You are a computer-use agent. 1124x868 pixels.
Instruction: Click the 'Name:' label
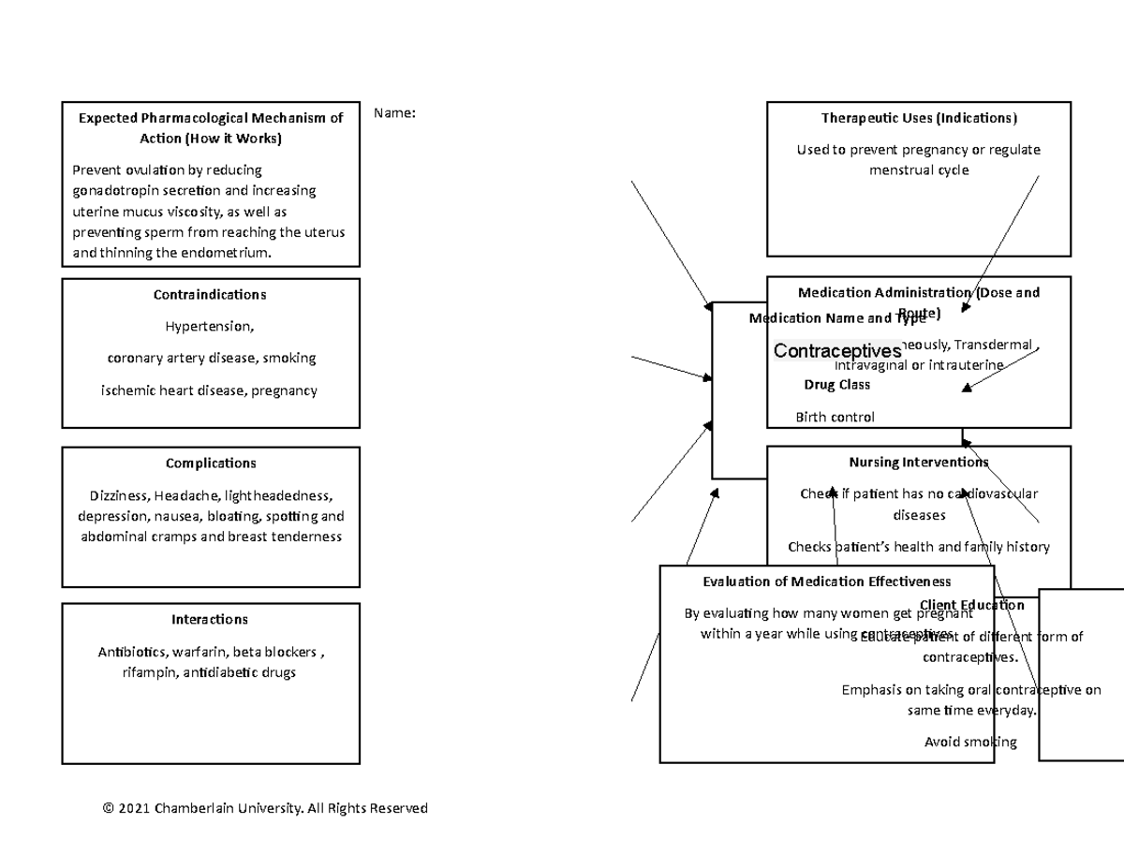393,113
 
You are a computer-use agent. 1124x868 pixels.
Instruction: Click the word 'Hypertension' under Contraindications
208,327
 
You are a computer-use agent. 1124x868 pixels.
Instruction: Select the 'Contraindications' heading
210,294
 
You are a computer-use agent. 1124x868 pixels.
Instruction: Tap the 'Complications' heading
211,463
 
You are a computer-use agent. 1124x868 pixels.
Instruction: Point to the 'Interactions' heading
210,619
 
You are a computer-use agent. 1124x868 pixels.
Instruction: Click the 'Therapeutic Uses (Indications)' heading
919,118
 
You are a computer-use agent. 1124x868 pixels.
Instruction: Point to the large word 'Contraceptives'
837,351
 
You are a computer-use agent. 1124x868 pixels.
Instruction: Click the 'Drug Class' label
836,384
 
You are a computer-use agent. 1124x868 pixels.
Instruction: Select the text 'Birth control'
835,417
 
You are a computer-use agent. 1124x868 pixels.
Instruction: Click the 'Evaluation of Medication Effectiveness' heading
827,581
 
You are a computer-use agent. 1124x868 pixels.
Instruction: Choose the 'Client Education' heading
972,605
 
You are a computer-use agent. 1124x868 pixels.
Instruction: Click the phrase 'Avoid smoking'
970,742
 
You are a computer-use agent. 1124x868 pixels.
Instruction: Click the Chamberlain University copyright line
265,807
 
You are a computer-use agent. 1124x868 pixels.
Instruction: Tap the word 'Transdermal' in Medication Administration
993,345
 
